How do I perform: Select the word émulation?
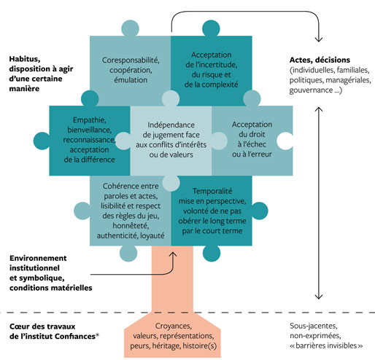coord(131,80)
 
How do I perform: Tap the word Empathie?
coord(89,120)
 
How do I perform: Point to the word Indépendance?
coord(171,125)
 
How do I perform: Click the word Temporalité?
coord(212,191)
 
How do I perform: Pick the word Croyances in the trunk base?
coord(173,326)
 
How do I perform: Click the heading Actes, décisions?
coord(320,60)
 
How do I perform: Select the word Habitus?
coord(24,59)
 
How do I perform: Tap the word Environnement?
coord(38,258)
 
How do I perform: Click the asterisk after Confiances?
coord(98,335)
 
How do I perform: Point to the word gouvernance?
coord(311,90)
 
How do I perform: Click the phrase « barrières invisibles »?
coord(326,345)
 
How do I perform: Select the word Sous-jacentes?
coord(314,326)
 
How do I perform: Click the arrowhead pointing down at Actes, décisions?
coord(319,39)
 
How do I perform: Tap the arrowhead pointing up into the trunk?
coord(173,254)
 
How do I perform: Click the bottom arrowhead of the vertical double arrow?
coord(319,297)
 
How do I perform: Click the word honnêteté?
coord(131,226)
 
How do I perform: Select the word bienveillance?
coord(89,130)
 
